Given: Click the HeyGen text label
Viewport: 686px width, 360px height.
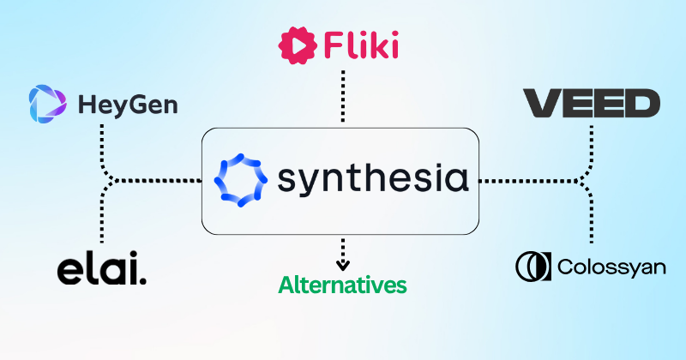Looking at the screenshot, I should (x=128, y=106).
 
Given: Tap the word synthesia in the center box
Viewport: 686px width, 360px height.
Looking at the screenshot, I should (x=373, y=181).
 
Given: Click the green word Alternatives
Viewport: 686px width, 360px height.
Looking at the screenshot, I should (x=342, y=283).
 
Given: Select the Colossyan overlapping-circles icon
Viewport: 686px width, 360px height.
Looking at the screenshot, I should (x=533, y=266).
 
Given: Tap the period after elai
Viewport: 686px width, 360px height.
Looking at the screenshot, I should (x=142, y=279).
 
